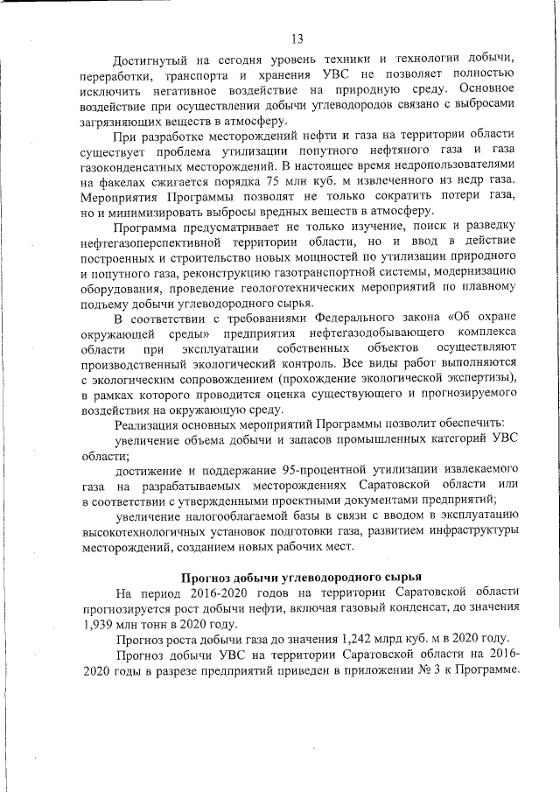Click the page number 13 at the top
tap(297, 37)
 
